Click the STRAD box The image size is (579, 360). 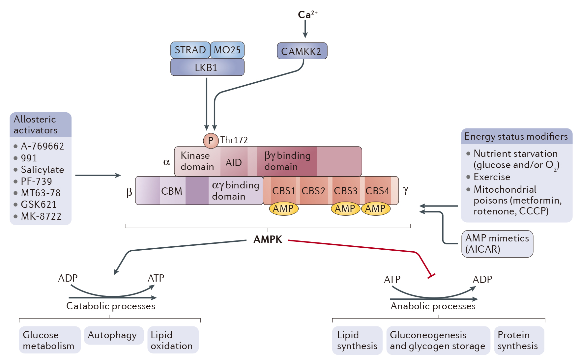pos(190,50)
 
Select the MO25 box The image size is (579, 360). pos(227,50)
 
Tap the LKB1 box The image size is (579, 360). pos(207,68)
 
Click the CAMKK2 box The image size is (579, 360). pos(302,51)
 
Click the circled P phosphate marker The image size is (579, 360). pos(211,141)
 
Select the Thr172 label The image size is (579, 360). pos(234,140)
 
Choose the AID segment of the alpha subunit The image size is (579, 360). pos(234,162)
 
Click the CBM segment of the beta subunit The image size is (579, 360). pos(172,191)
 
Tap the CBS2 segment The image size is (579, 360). pos(313,191)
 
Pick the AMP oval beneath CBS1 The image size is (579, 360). pos(283,209)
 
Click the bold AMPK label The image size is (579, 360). pos(268,239)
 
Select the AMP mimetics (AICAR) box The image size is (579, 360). pos(497,244)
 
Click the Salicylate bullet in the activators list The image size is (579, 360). pos(42,170)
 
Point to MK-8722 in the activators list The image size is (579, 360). pos(41,216)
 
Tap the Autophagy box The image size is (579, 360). pos(112,335)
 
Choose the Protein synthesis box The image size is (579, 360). pos(518,340)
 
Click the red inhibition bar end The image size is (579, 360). pos(431,276)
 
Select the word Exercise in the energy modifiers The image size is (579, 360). pos(492,177)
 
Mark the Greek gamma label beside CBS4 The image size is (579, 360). pos(405,190)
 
